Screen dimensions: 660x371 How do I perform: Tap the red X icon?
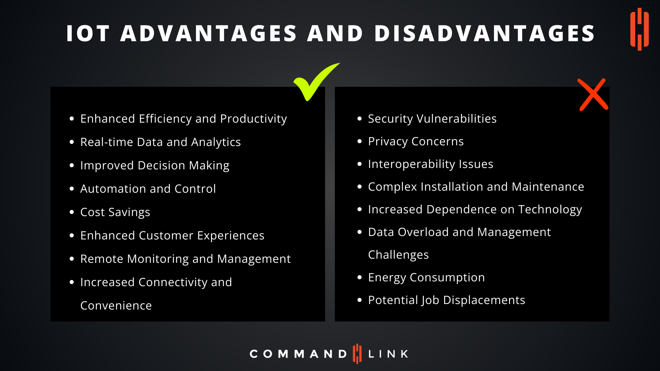(x=593, y=95)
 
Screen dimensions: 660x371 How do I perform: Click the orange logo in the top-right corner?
(x=639, y=29)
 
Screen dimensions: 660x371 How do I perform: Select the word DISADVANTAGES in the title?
(x=485, y=33)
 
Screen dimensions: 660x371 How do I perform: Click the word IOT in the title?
(x=88, y=33)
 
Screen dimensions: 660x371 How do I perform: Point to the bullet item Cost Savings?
(x=115, y=212)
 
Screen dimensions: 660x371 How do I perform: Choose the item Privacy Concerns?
(x=416, y=142)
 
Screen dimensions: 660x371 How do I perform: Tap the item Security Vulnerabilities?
(x=432, y=119)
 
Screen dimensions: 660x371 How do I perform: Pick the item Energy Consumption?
(x=427, y=278)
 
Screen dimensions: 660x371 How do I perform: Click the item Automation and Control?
(x=148, y=189)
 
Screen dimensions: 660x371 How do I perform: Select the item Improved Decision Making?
(x=155, y=166)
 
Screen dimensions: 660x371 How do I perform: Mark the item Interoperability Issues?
(x=431, y=164)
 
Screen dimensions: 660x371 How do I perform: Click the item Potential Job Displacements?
(x=447, y=300)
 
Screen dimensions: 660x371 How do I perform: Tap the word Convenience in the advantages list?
(x=116, y=306)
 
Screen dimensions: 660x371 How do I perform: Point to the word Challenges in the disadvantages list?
(x=398, y=255)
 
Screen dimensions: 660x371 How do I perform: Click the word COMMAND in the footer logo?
(x=298, y=354)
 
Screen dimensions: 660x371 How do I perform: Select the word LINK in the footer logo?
(x=388, y=354)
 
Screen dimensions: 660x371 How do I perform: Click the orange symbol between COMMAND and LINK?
(x=357, y=354)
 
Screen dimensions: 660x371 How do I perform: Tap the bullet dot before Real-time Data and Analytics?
(x=72, y=142)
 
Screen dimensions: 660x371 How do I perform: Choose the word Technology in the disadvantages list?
(x=550, y=210)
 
